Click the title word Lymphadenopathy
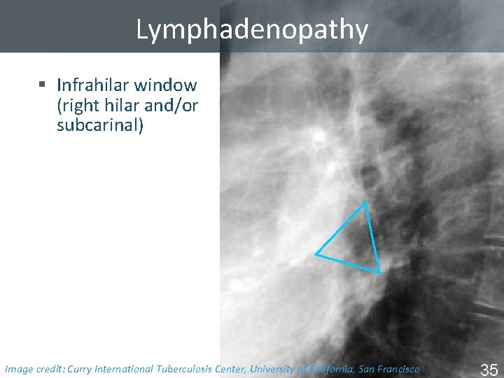[x=252, y=29]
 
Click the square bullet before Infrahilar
[x=42, y=85]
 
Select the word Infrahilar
[x=93, y=85]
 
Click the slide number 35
[x=489, y=368]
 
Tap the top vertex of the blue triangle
[x=365, y=204]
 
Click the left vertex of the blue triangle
[x=316, y=253]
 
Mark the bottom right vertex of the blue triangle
[x=379, y=271]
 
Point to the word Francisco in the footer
[x=396, y=368]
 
